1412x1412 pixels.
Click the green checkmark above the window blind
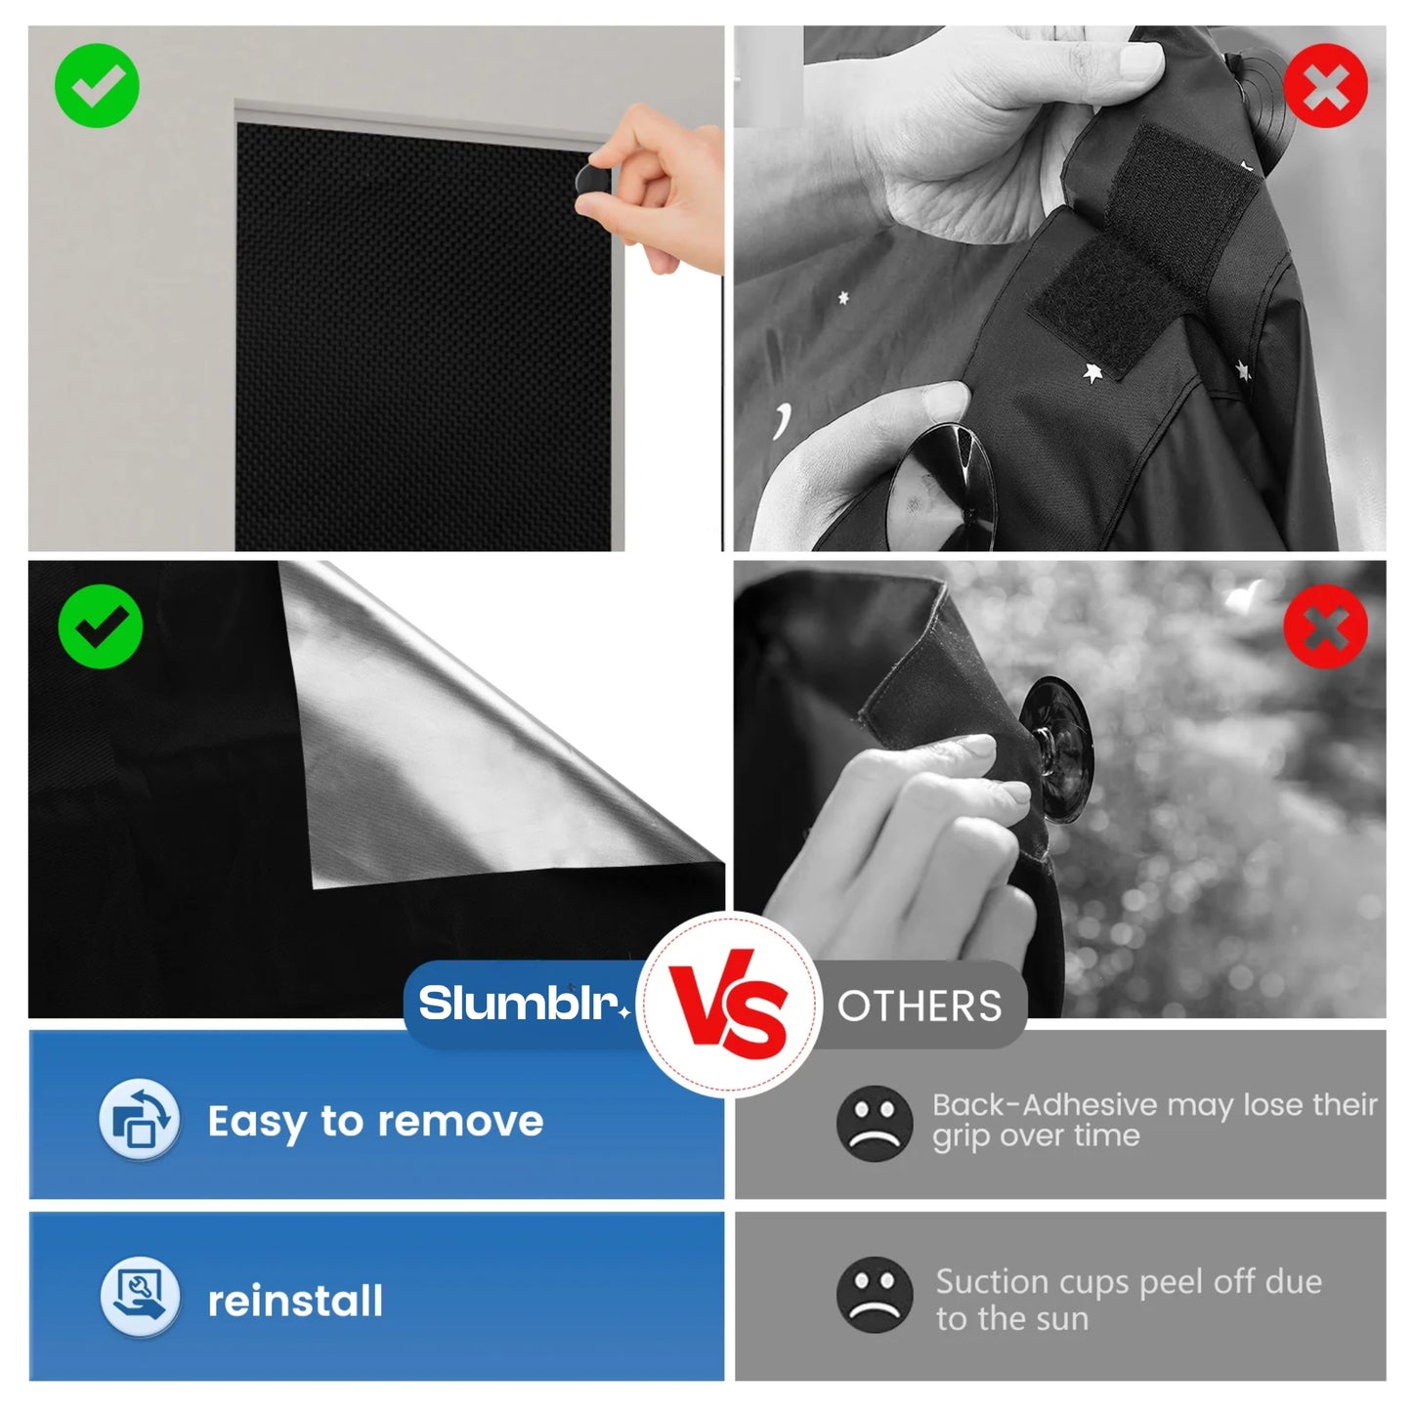coord(97,86)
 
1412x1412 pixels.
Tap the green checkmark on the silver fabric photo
coord(100,626)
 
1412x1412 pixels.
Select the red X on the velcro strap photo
coord(1325,86)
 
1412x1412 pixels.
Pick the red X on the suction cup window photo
coord(1325,626)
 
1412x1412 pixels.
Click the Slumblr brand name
coord(520,1004)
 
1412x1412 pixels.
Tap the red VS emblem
coord(730,1005)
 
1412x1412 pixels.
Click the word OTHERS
coord(920,1006)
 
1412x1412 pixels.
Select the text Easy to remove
coord(375,1121)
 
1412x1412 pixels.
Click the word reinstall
coord(295,1301)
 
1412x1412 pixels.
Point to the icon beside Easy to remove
coord(140,1120)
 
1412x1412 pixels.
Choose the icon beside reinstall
coord(140,1296)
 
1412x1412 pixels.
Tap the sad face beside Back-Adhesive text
coord(874,1123)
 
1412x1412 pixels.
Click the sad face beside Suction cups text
coord(874,1295)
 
